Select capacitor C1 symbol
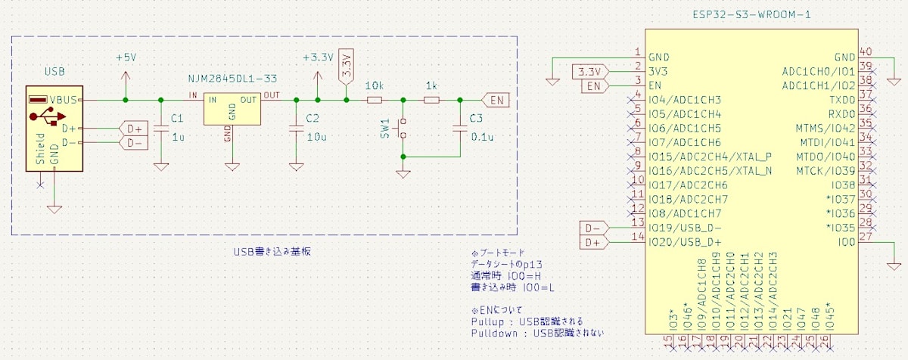(x=160, y=129)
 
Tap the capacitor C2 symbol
(x=296, y=129)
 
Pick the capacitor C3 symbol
(x=459, y=129)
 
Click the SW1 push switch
(x=403, y=128)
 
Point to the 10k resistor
(x=375, y=100)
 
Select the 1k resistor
(x=431, y=100)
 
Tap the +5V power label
(x=126, y=58)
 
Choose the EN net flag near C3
(x=496, y=100)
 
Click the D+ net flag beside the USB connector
(x=133, y=128)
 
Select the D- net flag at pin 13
(x=593, y=227)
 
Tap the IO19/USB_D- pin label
(x=685, y=228)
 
